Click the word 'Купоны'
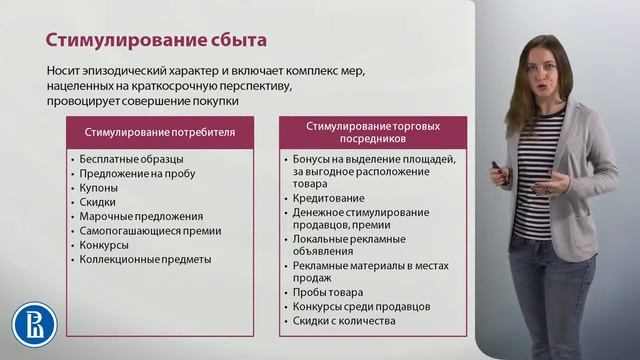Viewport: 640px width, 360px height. (99, 187)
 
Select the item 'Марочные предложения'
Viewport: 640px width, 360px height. (140, 215)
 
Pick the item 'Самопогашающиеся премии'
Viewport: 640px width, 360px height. (149, 230)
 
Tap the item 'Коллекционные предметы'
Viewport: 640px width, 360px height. (145, 259)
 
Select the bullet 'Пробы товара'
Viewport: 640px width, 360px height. (328, 293)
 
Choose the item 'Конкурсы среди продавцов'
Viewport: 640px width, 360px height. (361, 307)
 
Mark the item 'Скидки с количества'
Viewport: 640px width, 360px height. (345, 321)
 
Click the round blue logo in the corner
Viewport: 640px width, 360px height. (34, 325)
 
